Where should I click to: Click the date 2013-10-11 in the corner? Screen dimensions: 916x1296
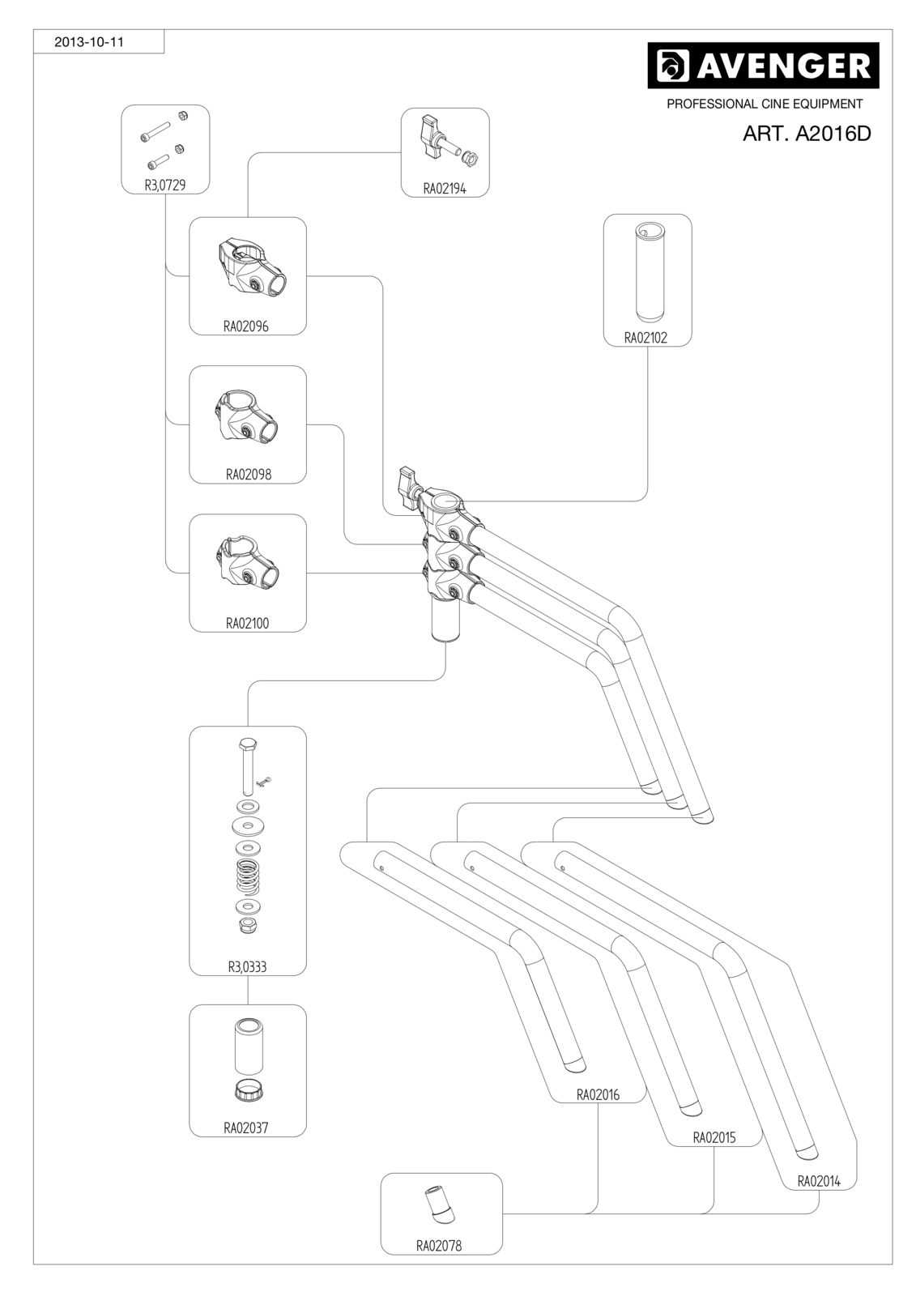[x=88, y=42]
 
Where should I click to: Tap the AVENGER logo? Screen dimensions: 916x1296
[x=763, y=66]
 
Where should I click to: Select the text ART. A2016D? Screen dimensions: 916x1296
[x=807, y=134]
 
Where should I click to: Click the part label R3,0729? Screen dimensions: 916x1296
[x=165, y=185]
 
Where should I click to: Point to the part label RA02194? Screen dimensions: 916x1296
[x=445, y=189]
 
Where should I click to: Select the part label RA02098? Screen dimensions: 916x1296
[x=249, y=475]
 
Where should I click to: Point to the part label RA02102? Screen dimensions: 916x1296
[x=645, y=338]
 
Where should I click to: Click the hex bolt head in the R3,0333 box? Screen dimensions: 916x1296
[x=247, y=744]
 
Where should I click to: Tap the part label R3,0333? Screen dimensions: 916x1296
[x=247, y=967]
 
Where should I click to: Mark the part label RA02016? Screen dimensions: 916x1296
[x=598, y=1094]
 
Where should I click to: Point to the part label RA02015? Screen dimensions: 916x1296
[x=714, y=1137]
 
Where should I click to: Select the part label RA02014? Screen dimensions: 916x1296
[x=819, y=1181]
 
